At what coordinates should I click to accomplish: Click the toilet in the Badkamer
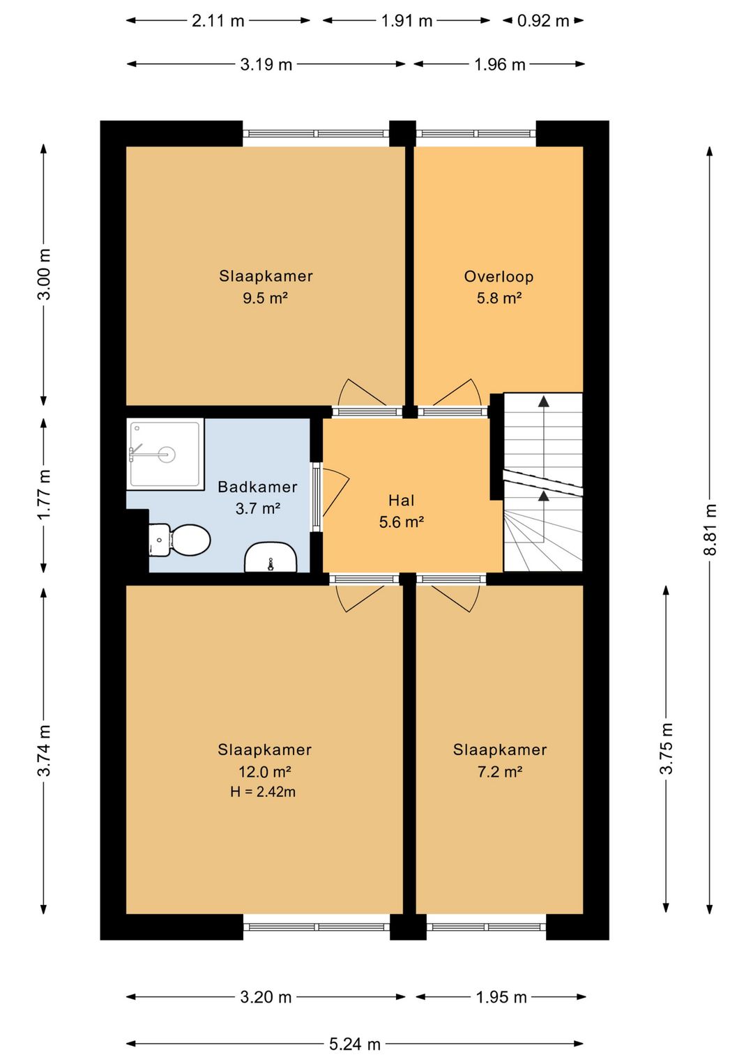180,540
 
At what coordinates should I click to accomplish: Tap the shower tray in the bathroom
165,454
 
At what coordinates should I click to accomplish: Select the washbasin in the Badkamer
271,556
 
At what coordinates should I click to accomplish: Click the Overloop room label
499,276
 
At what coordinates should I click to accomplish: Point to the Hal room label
402,500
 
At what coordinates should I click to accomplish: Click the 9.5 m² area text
265,298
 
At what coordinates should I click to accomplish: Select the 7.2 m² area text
500,772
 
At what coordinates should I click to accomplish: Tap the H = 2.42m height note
263,792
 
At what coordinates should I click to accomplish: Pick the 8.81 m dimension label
710,530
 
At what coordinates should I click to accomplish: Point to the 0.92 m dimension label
543,21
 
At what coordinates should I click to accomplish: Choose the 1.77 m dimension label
44,494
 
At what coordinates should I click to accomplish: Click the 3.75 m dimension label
666,749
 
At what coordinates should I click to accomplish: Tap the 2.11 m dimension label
218,21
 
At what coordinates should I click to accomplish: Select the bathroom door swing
335,492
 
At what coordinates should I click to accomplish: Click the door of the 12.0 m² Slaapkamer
360,598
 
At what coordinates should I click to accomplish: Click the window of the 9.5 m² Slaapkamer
317,133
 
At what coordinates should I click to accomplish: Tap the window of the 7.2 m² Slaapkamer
487,927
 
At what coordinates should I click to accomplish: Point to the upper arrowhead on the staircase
544,402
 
